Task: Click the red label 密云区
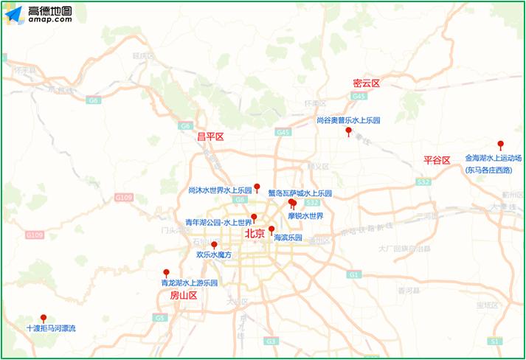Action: click(365, 83)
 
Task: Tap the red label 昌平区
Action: click(210, 136)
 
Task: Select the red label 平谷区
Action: click(436, 160)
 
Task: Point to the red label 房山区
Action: click(184, 295)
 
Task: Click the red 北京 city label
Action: click(254, 233)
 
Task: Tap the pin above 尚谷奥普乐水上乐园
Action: click(348, 131)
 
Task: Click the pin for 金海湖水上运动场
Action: click(500, 145)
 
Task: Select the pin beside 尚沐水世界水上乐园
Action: click(257, 187)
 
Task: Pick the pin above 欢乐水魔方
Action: click(214, 245)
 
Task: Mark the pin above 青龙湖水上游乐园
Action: click(166, 272)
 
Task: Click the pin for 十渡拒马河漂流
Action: click(44, 318)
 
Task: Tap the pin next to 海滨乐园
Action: click(271, 229)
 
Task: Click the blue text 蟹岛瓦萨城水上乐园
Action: click(300, 193)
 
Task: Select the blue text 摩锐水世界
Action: click(305, 216)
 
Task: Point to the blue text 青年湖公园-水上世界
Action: click(218, 222)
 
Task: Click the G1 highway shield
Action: click(355, 274)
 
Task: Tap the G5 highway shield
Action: click(159, 317)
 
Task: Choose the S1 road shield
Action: click(494, 342)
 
